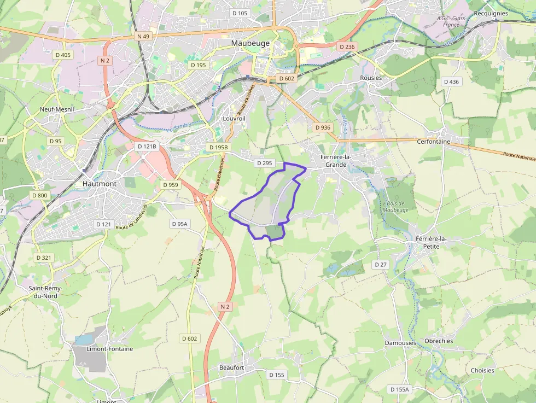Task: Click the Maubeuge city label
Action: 250,43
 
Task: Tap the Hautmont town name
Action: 99,184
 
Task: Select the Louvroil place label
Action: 234,118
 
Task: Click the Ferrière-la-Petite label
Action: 432,242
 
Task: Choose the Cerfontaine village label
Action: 433,141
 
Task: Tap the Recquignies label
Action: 491,14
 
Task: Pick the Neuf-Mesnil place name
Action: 57,109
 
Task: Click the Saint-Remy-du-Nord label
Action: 46,292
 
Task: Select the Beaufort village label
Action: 231,367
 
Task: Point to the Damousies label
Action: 400,343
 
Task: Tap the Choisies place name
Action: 482,370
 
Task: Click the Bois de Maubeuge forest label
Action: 396,207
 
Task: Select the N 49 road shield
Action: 143,36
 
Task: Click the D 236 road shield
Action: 347,47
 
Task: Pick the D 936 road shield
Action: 323,127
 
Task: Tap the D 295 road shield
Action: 264,163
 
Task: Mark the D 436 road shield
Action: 451,81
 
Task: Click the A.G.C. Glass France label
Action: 451,21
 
